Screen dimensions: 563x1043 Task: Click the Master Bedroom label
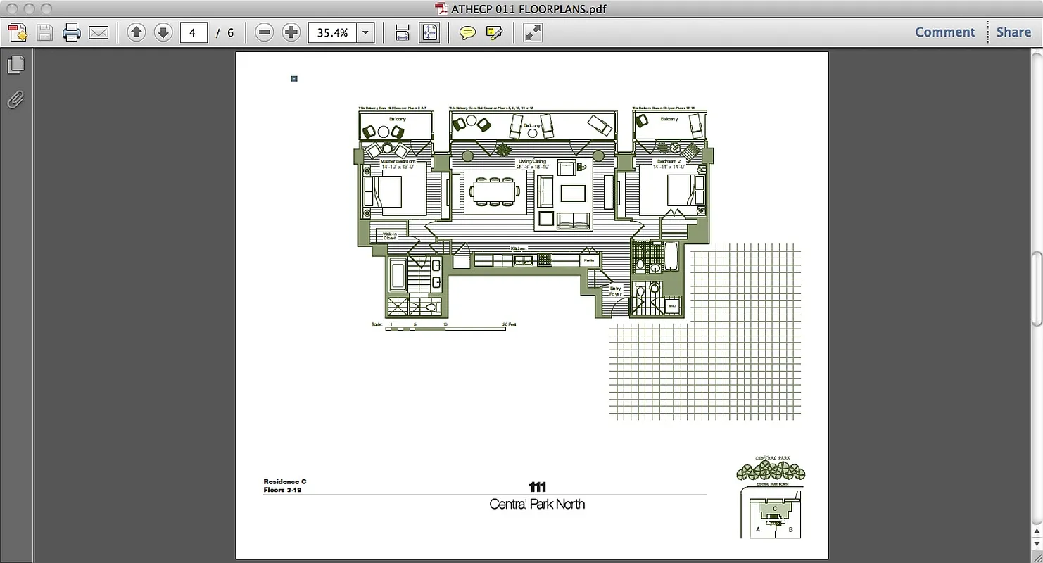pyautogui.click(x=398, y=162)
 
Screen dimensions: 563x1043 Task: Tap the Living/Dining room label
pyautogui.click(x=532, y=162)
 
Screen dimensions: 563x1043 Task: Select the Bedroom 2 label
pyautogui.click(x=669, y=162)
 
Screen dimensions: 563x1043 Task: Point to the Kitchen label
pyautogui.click(x=519, y=248)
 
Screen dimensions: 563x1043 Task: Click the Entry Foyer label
pyautogui.click(x=616, y=291)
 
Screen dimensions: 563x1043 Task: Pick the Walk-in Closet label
pyautogui.click(x=390, y=236)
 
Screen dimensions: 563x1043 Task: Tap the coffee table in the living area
pyautogui.click(x=572, y=193)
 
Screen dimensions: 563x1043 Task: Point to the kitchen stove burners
pyautogui.click(x=545, y=260)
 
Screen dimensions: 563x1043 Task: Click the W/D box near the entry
pyautogui.click(x=672, y=306)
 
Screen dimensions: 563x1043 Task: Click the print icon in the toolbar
pyautogui.click(x=71, y=32)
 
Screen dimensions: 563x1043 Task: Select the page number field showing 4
pyautogui.click(x=193, y=32)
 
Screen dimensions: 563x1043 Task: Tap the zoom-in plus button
pyautogui.click(x=291, y=32)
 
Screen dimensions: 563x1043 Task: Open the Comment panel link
pyautogui.click(x=944, y=32)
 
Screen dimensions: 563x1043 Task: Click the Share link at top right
pyautogui.click(x=1013, y=32)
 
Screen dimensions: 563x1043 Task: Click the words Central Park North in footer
pyautogui.click(x=537, y=505)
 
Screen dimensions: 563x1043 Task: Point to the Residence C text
pyautogui.click(x=285, y=482)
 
